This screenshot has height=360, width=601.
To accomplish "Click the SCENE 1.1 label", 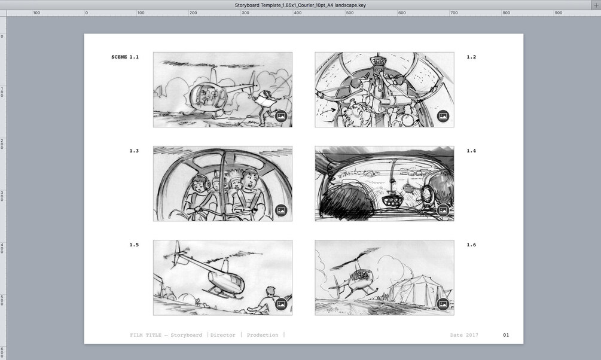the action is pyautogui.click(x=125, y=57).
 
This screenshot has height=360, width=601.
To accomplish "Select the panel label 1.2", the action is pyautogui.click(x=471, y=57).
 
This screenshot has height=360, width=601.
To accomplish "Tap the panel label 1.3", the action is pyautogui.click(x=134, y=151).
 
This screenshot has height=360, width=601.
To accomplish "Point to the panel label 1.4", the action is pyautogui.click(x=471, y=151).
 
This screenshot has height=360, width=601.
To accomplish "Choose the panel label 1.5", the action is pyautogui.click(x=134, y=245).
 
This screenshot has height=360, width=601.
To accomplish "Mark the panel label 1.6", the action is pyautogui.click(x=471, y=245).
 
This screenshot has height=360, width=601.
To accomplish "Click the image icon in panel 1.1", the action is pyautogui.click(x=281, y=116).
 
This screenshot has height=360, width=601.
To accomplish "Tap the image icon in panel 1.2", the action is pyautogui.click(x=443, y=116).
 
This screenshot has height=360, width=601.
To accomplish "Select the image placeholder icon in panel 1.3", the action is pyautogui.click(x=281, y=210).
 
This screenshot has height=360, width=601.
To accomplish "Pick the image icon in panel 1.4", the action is pyautogui.click(x=443, y=210).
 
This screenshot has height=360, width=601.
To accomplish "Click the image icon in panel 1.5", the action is pyautogui.click(x=281, y=304).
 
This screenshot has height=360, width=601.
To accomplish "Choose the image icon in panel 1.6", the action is pyautogui.click(x=443, y=304).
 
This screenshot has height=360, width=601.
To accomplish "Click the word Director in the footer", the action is pyautogui.click(x=222, y=335).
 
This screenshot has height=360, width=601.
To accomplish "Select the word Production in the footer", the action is pyautogui.click(x=263, y=335).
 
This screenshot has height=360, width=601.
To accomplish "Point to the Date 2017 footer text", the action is pyautogui.click(x=464, y=335).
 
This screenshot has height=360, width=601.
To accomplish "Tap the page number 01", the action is pyautogui.click(x=506, y=335).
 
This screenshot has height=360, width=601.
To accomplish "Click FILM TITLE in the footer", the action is pyautogui.click(x=146, y=335).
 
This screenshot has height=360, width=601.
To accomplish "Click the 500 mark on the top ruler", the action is pyautogui.click(x=350, y=13).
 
